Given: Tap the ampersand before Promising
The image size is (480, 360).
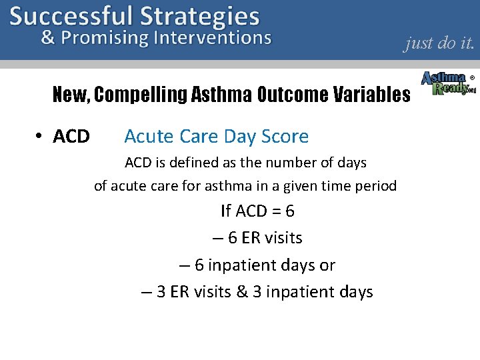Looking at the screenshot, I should coord(48,37).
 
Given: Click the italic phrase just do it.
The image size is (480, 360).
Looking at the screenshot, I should coord(439,43).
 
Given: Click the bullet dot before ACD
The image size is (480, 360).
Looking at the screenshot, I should coord(39,136).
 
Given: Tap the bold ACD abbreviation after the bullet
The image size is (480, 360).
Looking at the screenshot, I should coord(71,137).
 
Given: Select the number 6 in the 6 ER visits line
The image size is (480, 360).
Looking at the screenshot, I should coord(233,238).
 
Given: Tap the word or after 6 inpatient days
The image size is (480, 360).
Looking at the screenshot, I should coord(327,265).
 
